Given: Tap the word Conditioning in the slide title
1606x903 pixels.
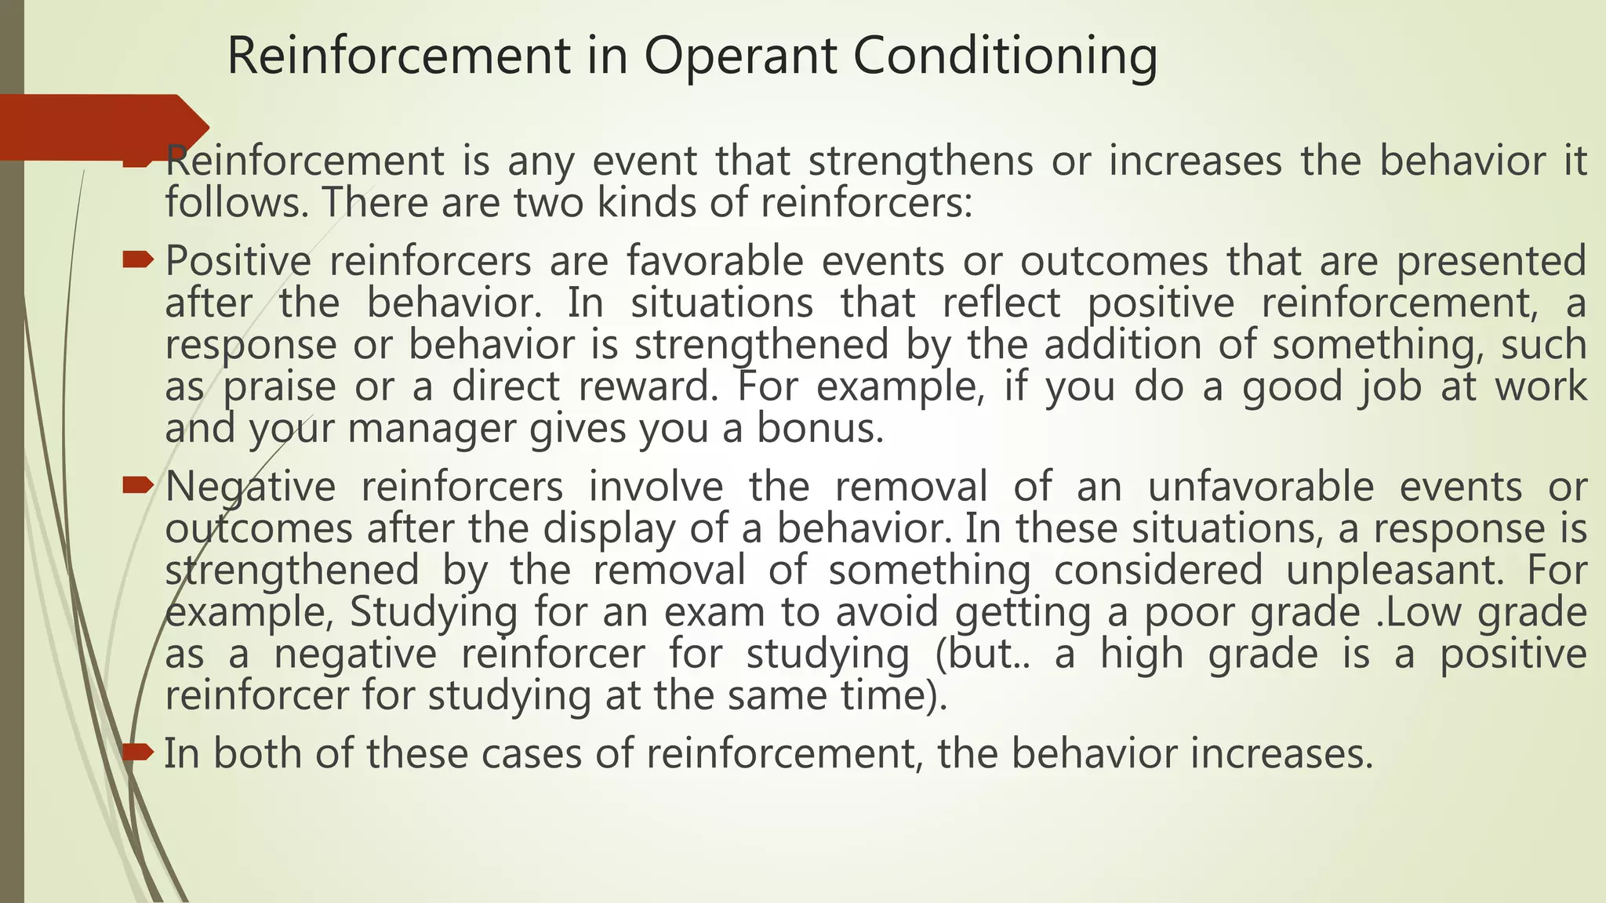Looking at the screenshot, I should [1005, 56].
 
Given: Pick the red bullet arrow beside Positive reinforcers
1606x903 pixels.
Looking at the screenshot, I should [139, 259].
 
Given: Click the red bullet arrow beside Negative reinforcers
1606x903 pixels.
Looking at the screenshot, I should [139, 486].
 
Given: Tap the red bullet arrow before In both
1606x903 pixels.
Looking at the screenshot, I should [139, 752].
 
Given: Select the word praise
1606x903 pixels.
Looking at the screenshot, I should [279, 387].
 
